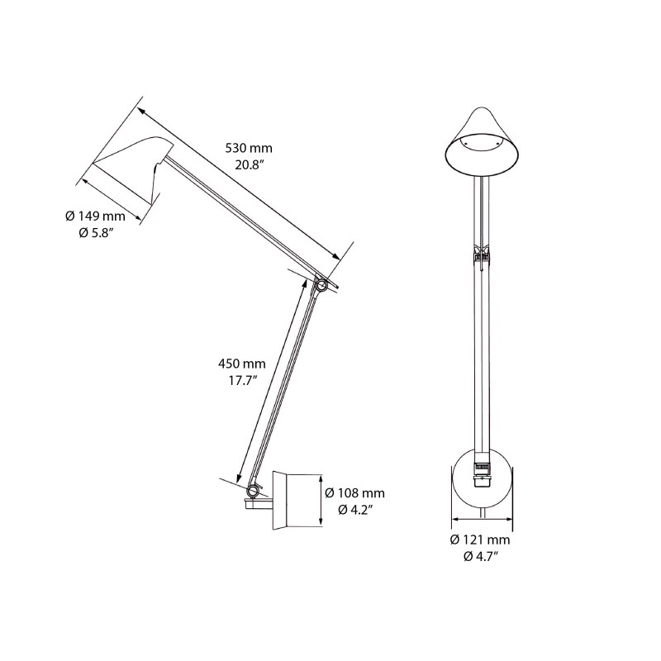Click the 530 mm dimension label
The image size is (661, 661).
pyautogui.click(x=249, y=148)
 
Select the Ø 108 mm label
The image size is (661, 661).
pyautogui.click(x=354, y=493)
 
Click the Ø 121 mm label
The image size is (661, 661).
pyautogui.click(x=480, y=540)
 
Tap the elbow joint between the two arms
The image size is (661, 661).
pyautogui.click(x=321, y=285)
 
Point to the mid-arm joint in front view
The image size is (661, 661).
pyautogui.click(x=480, y=256)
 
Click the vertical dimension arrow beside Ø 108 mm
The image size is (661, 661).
pyautogui.click(x=320, y=499)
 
